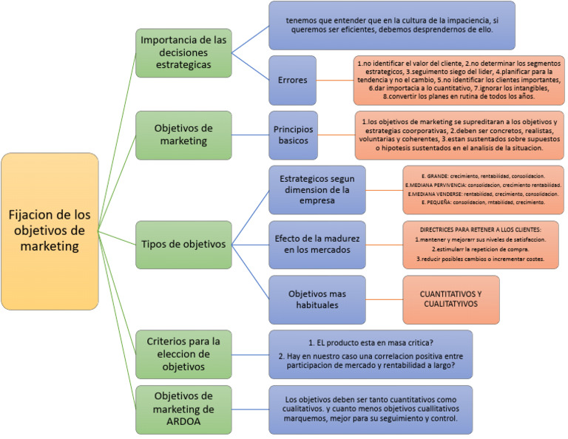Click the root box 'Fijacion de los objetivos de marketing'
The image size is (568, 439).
(50, 231)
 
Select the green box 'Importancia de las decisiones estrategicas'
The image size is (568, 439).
(184, 52)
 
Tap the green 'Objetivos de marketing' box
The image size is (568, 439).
(184, 135)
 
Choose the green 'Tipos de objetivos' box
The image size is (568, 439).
(184, 243)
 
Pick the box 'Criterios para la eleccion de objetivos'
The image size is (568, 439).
(184, 354)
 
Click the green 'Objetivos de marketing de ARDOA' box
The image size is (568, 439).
(184, 409)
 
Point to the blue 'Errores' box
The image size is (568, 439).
(292, 80)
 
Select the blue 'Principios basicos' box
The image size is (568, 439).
(292, 135)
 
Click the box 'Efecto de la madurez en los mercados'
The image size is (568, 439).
(317, 245)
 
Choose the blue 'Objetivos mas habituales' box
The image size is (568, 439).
(317, 299)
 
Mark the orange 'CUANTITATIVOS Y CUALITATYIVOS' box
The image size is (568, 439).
(450, 299)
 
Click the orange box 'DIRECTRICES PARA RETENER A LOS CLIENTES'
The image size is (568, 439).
(480, 245)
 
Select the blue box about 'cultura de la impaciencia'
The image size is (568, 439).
(391, 25)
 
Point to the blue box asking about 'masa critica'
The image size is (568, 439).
(370, 354)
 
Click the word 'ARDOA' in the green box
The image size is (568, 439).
(183, 423)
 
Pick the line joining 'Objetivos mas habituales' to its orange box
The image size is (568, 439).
(384, 299)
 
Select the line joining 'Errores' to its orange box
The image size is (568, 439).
(335, 80)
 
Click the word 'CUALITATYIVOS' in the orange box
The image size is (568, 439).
(450, 304)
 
